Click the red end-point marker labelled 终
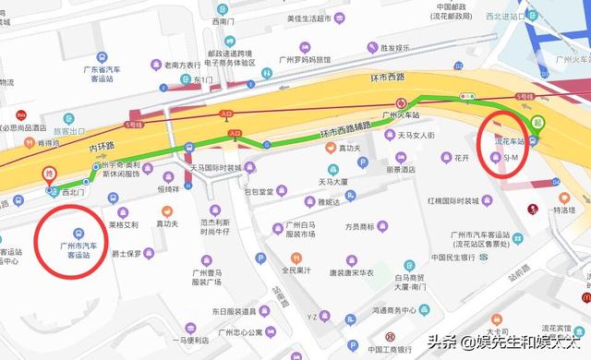click(x=49, y=173)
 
